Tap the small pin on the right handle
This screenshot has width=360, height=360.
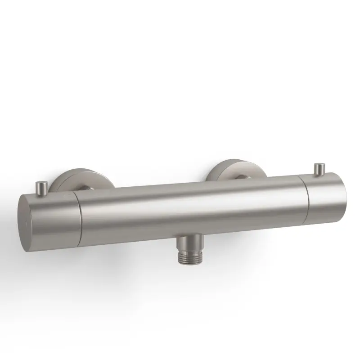point(320,169)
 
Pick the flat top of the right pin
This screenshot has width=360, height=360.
point(320,165)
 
